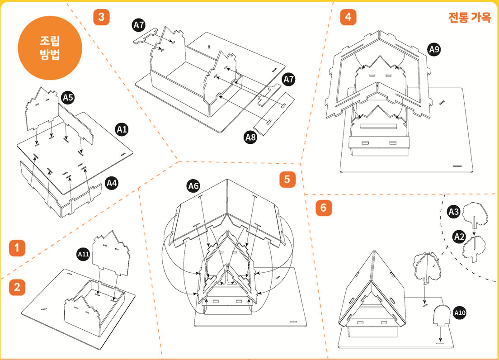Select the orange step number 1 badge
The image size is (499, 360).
[17, 247]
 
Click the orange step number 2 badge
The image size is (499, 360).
[17, 287]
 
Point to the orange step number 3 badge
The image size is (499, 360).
[101, 17]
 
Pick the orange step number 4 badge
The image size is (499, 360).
[348, 17]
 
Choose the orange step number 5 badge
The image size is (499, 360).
[287, 180]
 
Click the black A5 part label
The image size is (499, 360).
[68, 97]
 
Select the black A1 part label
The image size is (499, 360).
[122, 130]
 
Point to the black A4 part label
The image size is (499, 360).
[112, 183]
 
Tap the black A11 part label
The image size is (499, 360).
[84, 255]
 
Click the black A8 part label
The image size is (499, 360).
[250, 137]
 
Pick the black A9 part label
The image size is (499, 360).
[434, 50]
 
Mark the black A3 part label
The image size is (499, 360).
[454, 211]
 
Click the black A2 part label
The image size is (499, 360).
[460, 236]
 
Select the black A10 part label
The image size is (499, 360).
[460, 313]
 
